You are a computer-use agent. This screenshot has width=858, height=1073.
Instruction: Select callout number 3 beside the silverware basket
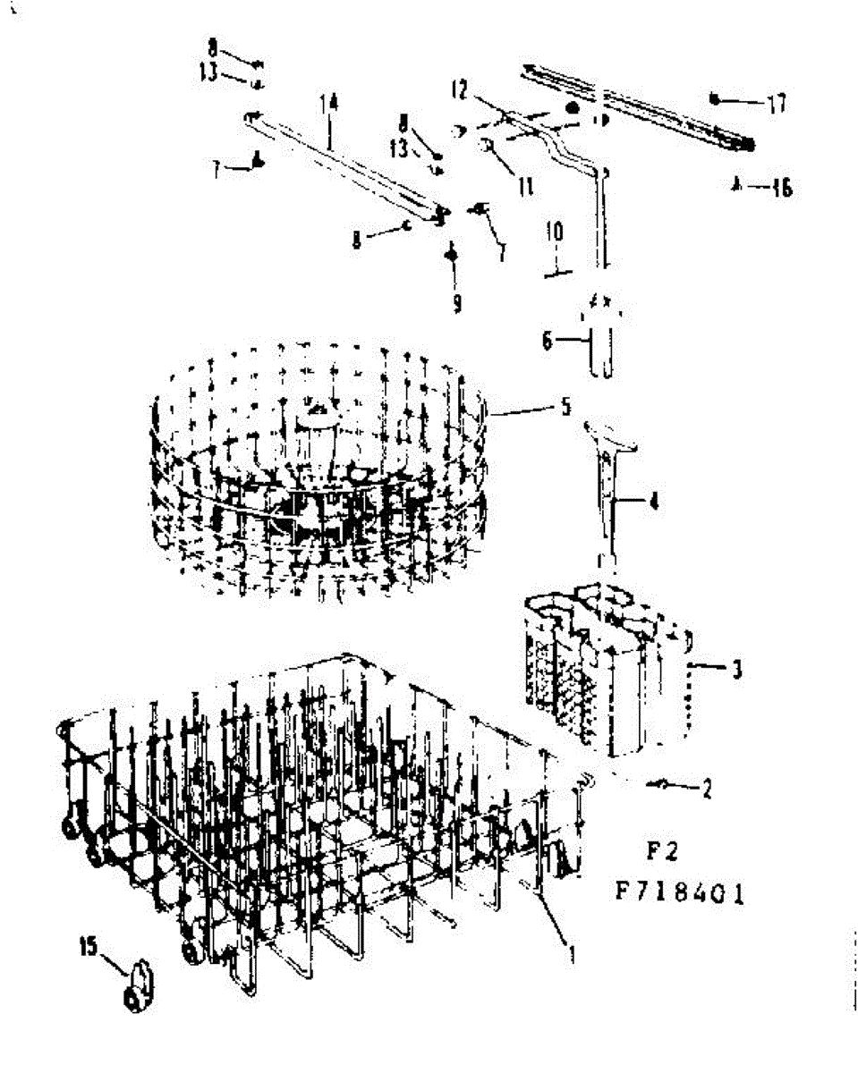click(x=735, y=669)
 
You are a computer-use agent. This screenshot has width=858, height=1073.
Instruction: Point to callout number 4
click(x=654, y=503)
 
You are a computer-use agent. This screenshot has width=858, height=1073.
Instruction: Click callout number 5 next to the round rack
click(x=565, y=407)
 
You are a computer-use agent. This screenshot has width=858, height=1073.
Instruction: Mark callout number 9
click(x=456, y=304)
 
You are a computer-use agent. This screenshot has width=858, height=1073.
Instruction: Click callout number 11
click(x=525, y=186)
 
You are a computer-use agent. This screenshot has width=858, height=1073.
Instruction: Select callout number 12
click(x=459, y=90)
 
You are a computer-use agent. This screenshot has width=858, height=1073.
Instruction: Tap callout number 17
click(x=775, y=104)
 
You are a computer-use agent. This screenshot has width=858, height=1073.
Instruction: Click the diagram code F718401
click(x=680, y=894)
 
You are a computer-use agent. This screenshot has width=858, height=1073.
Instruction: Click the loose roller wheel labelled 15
click(x=139, y=988)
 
